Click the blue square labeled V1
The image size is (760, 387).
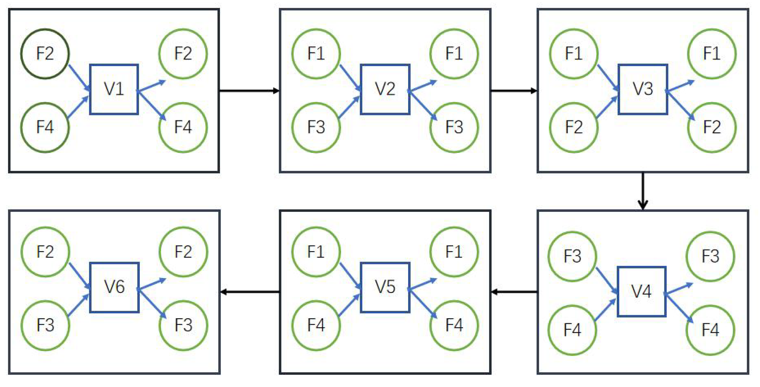tap(114, 89)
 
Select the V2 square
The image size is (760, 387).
tap(385, 89)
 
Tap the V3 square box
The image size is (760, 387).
tap(643, 89)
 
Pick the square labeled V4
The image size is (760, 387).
tap(641, 292)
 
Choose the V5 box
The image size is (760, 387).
tap(385, 287)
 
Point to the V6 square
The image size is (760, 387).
tap(114, 287)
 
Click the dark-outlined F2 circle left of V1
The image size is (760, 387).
tap(45, 54)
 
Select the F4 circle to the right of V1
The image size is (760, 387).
tap(183, 128)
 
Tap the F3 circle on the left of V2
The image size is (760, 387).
tap(316, 128)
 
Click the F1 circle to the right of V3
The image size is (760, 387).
tap(712, 54)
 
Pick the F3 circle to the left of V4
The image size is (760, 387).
tap(572, 256)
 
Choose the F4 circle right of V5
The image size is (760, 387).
tap(454, 325)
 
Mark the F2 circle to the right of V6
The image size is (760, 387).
tap(183, 252)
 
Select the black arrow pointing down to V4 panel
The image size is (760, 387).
tap(643, 191)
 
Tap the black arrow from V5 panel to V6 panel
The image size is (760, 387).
tap(250, 292)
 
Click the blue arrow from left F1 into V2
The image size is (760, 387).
tap(350, 78)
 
